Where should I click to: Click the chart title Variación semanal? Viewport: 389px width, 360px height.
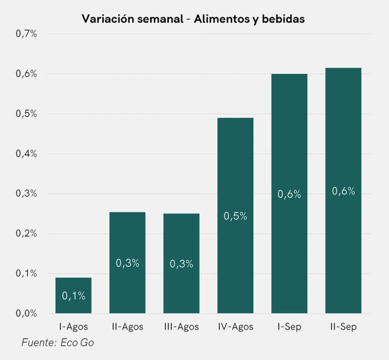133,19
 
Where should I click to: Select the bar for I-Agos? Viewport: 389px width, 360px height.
74,296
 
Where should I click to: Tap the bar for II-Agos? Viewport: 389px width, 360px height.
127,263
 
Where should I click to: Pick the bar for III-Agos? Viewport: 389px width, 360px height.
182,263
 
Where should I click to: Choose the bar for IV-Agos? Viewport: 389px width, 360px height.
235,215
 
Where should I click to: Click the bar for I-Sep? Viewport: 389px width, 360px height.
289,193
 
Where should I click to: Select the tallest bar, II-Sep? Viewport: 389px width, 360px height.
343,191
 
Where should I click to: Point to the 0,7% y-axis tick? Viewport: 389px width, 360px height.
26,34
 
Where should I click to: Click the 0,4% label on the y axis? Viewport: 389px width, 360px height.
26,154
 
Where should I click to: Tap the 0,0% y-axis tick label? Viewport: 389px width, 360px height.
26,313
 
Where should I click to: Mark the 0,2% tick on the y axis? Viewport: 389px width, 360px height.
26,234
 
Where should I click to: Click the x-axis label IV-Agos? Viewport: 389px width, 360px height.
236,327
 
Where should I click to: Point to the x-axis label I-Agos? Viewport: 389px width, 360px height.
74,327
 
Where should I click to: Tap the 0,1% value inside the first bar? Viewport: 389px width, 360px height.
74,296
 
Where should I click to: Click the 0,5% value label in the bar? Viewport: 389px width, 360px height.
235,216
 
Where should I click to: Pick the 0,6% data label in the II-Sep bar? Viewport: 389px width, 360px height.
343,191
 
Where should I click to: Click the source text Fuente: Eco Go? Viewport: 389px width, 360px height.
58,343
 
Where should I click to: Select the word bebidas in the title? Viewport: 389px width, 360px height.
283,19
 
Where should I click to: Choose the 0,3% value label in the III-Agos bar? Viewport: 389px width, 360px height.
182,264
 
